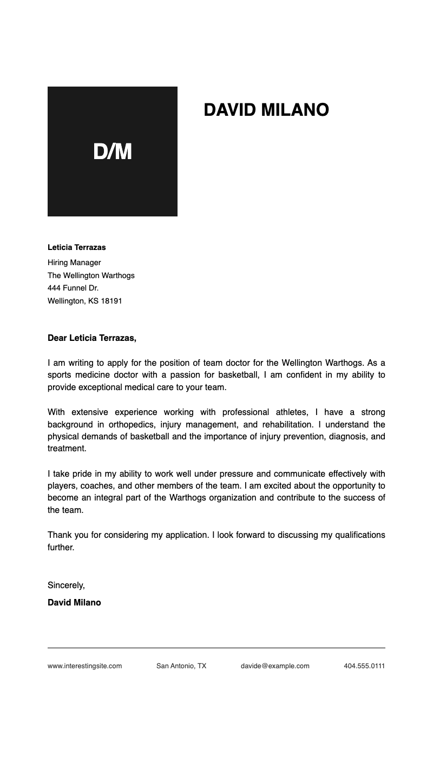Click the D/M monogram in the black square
tap(113, 152)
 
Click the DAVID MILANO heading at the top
tap(266, 110)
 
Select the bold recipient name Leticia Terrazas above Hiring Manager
tap(77, 247)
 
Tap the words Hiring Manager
tap(74, 262)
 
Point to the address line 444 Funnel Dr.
tap(73, 288)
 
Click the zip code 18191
tap(111, 301)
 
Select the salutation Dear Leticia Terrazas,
tap(92, 338)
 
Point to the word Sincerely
tap(66, 585)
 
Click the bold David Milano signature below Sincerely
tap(74, 602)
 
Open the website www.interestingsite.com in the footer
tap(84, 666)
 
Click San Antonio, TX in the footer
tap(181, 666)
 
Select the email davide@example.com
tap(275, 666)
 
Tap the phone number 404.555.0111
tap(364, 666)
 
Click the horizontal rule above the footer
tap(216, 648)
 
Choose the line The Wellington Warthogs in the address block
tap(91, 275)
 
